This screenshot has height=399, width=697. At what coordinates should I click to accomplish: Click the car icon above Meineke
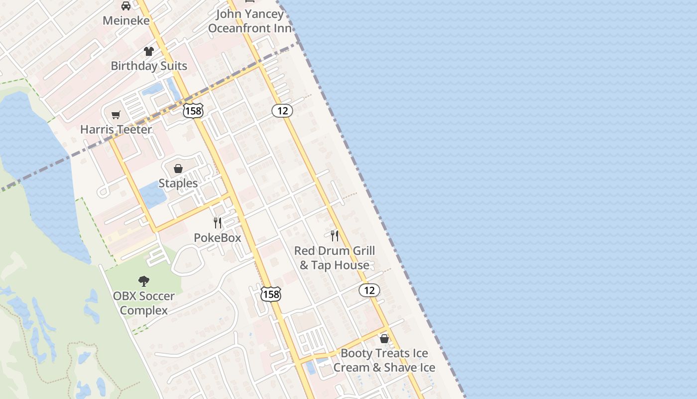pos(126,6)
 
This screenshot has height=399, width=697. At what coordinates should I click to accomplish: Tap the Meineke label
pos(126,20)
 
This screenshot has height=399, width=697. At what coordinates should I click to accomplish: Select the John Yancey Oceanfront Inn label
pos(249,21)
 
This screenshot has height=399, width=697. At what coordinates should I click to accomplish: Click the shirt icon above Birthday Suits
pos(149,51)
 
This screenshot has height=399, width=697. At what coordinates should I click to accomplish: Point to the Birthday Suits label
pos(149,66)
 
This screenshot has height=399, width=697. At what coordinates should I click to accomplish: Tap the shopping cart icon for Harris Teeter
pos(116,115)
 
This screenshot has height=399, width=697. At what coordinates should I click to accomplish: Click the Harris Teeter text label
pos(116,130)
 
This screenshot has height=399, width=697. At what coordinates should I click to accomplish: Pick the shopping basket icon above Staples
pos(178,169)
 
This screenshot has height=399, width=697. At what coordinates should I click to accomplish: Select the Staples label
pos(178,184)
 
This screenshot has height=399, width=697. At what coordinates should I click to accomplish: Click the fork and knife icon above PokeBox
pos(218,222)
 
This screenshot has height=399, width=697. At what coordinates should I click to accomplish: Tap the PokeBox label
pos(218,238)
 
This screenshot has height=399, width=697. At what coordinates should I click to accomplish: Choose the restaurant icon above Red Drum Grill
pos(335,235)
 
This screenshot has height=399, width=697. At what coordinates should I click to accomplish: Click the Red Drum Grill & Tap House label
pos(335,258)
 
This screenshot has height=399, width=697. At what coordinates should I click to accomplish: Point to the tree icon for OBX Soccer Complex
pos(144,281)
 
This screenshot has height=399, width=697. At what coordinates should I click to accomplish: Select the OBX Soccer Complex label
pos(144,303)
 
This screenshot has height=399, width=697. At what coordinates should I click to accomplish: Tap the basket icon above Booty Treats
pos(384,339)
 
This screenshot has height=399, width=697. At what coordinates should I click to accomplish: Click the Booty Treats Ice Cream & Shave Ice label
pos(384,361)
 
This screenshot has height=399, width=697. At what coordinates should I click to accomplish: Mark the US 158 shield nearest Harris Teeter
pos(193,111)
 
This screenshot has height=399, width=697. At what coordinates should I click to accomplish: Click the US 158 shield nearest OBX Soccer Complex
pos(271,294)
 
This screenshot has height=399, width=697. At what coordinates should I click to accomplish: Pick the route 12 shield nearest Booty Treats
pos(369,290)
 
